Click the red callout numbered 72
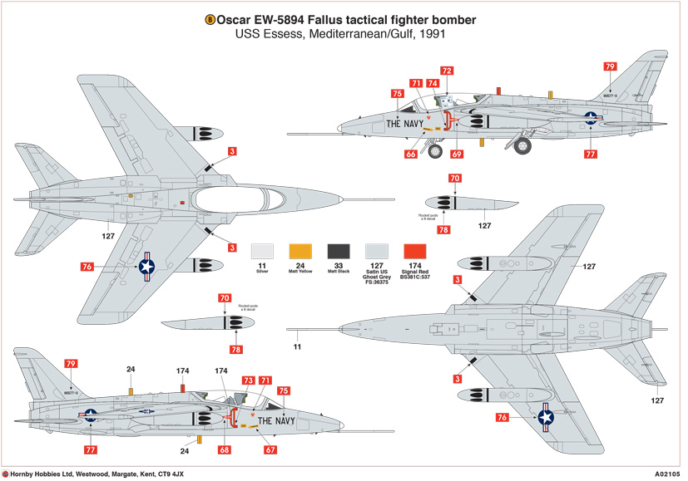[447, 71]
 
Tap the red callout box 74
[433, 83]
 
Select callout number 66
[411, 155]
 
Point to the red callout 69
[457, 155]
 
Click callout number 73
[249, 380]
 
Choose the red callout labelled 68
[224, 450]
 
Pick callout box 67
[270, 450]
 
